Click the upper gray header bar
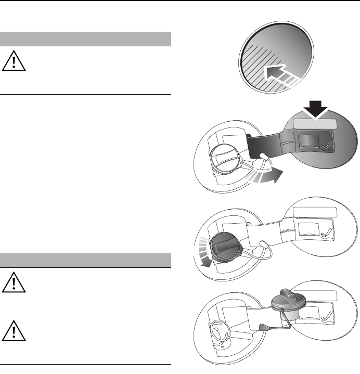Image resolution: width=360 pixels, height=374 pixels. pos(86,39)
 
